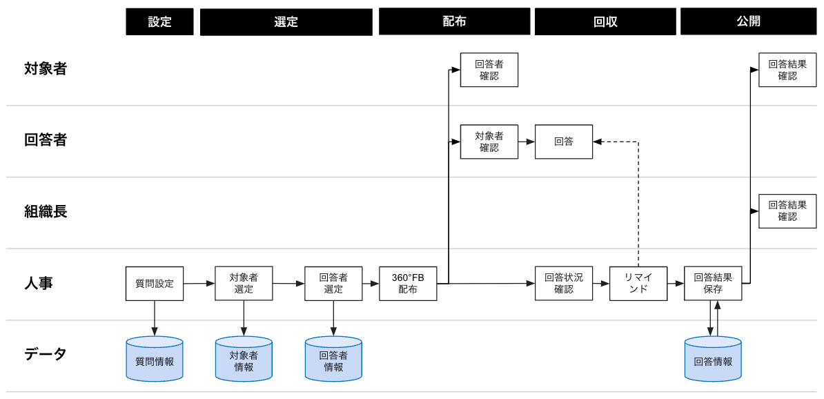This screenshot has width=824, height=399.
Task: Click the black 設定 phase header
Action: (x=159, y=22)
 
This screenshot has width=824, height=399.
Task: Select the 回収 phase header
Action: (x=605, y=22)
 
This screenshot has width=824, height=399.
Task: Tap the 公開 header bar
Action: (x=748, y=21)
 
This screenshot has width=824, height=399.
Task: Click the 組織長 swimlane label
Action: (x=46, y=211)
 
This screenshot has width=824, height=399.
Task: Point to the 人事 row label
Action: (x=39, y=283)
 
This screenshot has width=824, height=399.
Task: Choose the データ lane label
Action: (x=46, y=354)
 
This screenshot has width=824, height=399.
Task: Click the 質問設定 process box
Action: (x=155, y=283)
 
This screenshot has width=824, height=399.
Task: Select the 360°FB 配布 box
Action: (x=408, y=283)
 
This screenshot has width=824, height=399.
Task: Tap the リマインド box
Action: (x=638, y=283)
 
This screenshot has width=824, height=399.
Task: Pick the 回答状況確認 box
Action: (x=564, y=283)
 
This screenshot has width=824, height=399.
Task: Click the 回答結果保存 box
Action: (x=713, y=283)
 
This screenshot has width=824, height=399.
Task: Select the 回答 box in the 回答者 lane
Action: (x=564, y=142)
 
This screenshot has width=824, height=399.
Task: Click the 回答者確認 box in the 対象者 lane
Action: (x=489, y=70)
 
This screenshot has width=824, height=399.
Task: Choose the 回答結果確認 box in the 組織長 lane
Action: (x=787, y=211)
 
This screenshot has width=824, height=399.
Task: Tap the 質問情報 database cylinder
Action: (x=155, y=359)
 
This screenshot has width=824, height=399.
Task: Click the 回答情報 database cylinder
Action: (x=713, y=359)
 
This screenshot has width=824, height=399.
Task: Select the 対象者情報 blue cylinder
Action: (x=244, y=359)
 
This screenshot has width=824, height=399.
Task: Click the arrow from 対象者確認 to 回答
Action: (x=527, y=142)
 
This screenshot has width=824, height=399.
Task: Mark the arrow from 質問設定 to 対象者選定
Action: (x=199, y=283)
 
